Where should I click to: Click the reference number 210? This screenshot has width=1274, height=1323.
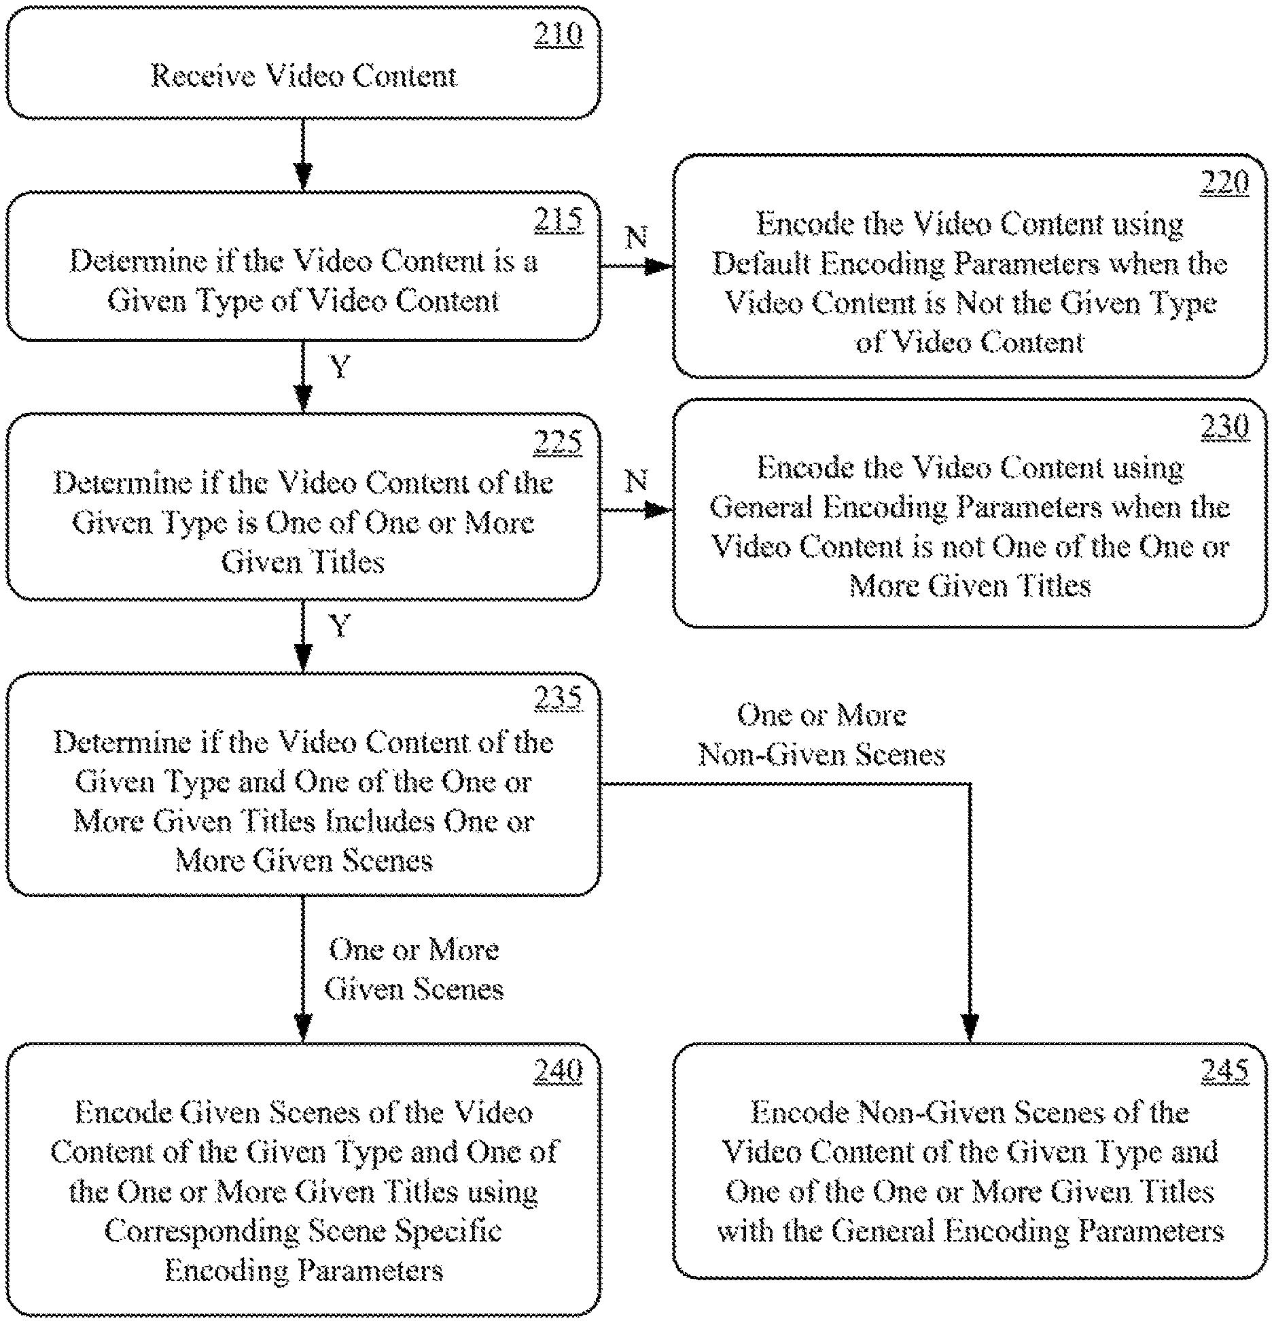(x=558, y=35)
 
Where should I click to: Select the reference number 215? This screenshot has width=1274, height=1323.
(x=558, y=219)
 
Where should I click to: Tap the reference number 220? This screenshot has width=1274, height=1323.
(x=1224, y=182)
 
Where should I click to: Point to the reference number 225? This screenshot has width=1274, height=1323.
(x=558, y=442)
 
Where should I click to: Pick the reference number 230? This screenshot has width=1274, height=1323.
(x=1224, y=427)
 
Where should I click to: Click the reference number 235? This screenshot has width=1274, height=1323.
(x=558, y=698)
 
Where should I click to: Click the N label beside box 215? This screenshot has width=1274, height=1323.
(x=636, y=236)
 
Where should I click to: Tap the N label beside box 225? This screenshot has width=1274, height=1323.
(x=636, y=481)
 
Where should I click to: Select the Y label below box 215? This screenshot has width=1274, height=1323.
(x=339, y=367)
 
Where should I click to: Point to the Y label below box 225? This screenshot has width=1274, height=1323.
(x=339, y=625)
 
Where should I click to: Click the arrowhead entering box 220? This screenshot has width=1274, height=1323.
(x=658, y=266)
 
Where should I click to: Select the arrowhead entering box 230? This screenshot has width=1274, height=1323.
(x=658, y=510)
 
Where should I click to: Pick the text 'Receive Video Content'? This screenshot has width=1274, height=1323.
(x=304, y=75)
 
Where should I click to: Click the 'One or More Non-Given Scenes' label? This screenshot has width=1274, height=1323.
(x=822, y=735)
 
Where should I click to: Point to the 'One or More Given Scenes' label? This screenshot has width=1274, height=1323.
(x=414, y=969)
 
